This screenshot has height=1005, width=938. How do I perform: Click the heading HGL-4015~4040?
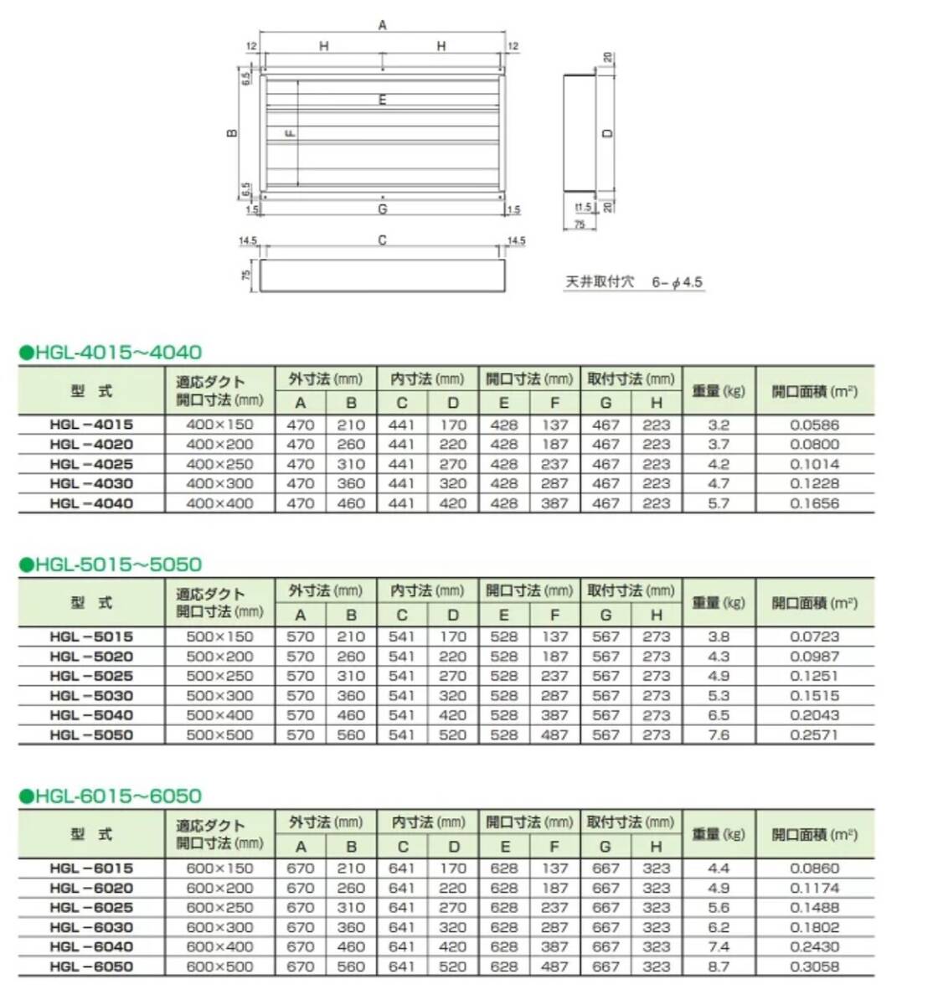tap(111, 353)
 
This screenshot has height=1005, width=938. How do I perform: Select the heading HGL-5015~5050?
tap(111, 564)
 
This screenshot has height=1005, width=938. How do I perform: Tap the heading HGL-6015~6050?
tap(111, 796)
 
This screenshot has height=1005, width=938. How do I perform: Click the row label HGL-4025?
tap(91, 464)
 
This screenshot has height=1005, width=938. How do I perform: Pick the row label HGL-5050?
tap(91, 735)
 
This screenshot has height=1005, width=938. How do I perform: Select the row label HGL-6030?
tap(91, 927)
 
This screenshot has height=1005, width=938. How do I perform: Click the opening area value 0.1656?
tap(814, 503)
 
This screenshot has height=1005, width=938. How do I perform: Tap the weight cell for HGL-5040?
tap(719, 715)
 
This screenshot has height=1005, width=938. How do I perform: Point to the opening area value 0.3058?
tap(814, 966)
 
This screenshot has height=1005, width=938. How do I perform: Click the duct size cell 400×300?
tap(219, 484)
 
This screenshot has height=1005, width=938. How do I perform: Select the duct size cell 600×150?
tap(219, 868)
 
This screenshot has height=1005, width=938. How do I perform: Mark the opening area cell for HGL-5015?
tap(814, 636)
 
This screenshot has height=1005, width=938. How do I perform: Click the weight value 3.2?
tap(719, 425)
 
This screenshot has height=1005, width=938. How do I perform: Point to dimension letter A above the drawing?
tap(383, 25)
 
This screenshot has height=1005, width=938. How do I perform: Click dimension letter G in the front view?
tap(383, 209)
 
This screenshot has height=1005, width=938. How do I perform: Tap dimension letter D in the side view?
tap(609, 132)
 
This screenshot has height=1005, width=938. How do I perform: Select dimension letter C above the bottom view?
tap(382, 240)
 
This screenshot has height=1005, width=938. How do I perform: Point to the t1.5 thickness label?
tap(584, 207)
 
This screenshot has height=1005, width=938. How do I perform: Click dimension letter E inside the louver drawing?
tap(383, 100)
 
